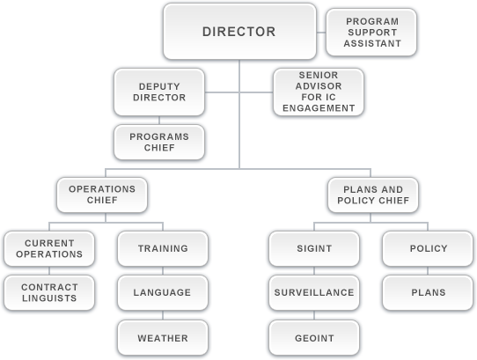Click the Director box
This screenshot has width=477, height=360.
(239, 32)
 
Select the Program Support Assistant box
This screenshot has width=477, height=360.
(371, 33)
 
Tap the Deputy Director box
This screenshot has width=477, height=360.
(159, 92)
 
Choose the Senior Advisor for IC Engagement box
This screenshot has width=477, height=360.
(319, 92)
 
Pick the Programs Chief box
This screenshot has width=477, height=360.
(159, 142)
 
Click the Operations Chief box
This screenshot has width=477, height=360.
(102, 195)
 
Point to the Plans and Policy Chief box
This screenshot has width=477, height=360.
(373, 195)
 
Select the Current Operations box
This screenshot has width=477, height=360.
(49, 248)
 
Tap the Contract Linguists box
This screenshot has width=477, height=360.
(49, 293)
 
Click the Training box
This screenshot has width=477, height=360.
(163, 248)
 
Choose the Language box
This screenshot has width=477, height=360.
(163, 293)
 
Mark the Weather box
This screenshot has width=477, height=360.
(163, 338)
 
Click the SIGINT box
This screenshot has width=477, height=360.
(314, 248)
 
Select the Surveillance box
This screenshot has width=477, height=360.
(314, 293)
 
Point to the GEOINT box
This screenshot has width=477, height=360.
(314, 338)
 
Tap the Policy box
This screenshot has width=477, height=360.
(428, 248)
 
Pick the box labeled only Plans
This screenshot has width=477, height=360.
(428, 293)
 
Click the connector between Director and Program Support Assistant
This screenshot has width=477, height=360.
(321, 33)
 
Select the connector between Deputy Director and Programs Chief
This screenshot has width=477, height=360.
(159, 121)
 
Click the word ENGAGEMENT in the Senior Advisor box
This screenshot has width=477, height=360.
(319, 108)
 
